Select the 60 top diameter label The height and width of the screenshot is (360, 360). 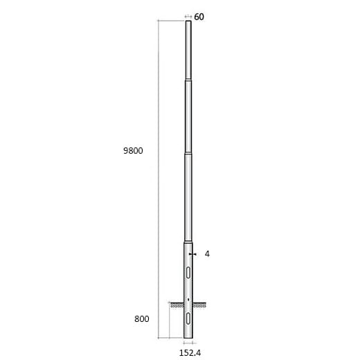[199, 16]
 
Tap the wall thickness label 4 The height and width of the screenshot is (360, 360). [207, 254]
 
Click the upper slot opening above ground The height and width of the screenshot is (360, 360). [188, 271]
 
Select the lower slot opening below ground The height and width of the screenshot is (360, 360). [188, 318]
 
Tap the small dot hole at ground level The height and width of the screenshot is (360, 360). [188, 298]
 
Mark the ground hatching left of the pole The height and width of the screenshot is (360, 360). [176, 304]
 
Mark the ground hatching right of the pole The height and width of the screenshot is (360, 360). [200, 304]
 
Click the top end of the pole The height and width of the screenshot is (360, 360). [188, 22]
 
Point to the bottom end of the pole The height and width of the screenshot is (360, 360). [188, 339]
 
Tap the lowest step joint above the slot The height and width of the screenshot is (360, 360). [188, 243]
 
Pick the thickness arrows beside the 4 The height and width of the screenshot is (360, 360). [196, 254]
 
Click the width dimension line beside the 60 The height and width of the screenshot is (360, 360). [188, 17]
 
